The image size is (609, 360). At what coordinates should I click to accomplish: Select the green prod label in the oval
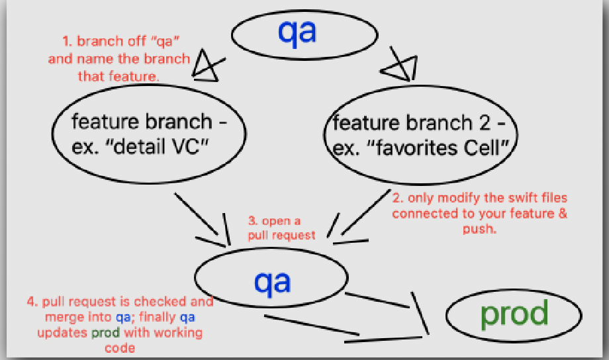(x=514, y=314)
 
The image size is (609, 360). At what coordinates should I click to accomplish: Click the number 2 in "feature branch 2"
(x=485, y=123)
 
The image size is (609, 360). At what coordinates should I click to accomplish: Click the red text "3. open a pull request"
(x=281, y=228)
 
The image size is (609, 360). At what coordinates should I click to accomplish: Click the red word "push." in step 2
(x=480, y=229)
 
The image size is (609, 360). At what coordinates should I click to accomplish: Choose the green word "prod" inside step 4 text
(x=106, y=334)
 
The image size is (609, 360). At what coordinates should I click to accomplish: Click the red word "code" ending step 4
(x=120, y=347)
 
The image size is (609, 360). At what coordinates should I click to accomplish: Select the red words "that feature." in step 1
(x=118, y=76)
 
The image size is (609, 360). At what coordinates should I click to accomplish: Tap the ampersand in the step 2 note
(x=563, y=213)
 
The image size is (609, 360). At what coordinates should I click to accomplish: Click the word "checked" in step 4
(x=160, y=301)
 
